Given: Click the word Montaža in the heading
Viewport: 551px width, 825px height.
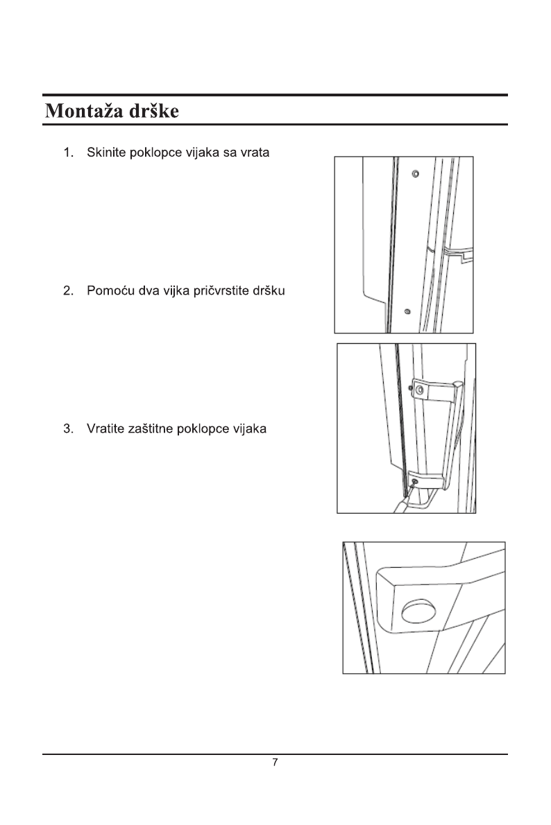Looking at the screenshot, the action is click(81, 111).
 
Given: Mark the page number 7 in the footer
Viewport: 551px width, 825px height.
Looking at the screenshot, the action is click(275, 763).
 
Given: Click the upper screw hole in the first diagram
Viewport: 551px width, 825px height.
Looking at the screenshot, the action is click(415, 173).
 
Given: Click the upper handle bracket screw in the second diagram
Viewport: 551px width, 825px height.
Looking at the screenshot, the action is click(419, 390).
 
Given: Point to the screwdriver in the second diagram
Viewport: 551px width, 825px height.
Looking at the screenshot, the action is click(401, 505).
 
